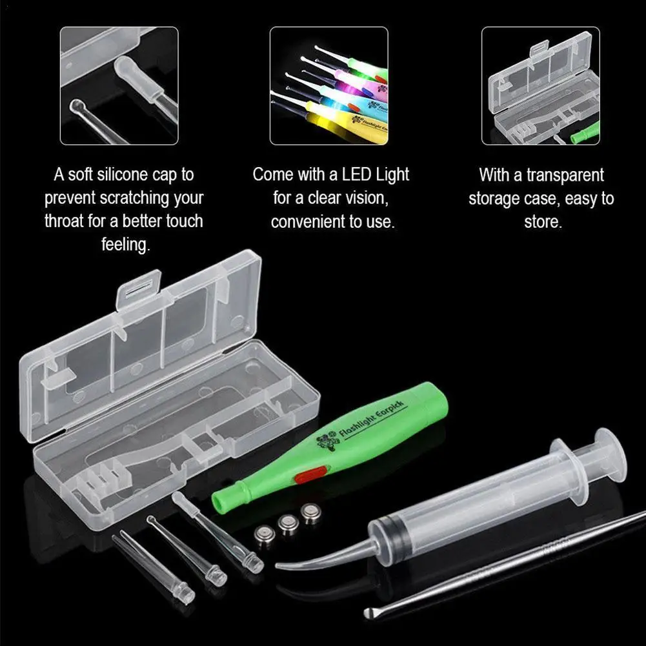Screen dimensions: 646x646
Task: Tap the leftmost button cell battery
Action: (x=263, y=534)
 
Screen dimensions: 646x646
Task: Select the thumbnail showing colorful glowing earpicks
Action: (x=328, y=85)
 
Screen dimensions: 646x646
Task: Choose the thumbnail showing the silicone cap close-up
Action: (x=119, y=85)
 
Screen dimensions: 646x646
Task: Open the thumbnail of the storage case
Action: (x=541, y=85)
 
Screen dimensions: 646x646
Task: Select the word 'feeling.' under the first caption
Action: (x=125, y=245)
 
